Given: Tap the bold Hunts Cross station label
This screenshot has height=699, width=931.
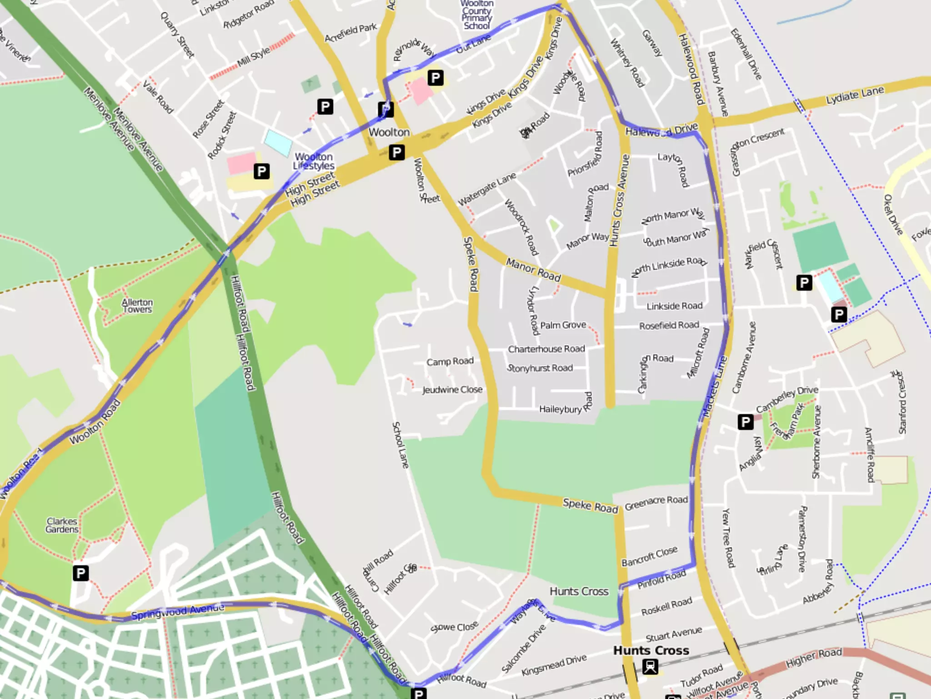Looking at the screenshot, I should point(651,650).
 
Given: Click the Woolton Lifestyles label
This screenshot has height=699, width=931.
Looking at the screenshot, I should point(314,161).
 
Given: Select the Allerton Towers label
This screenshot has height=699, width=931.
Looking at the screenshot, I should point(137,306).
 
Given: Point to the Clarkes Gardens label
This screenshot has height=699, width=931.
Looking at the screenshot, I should point(62,525).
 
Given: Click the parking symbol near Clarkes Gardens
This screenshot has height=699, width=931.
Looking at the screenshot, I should point(80,573).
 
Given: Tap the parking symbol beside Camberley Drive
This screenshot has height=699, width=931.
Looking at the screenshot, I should point(746,422).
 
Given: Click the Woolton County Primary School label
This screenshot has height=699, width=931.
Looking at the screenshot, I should point(476,15).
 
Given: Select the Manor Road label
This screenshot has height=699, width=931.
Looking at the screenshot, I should point(533,269).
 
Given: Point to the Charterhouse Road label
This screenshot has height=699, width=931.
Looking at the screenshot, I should point(546,349).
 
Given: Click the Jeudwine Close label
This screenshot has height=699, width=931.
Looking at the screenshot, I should point(452,390).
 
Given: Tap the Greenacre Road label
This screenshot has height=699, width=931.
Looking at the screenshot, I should point(656,503).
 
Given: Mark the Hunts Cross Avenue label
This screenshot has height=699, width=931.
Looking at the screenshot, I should point(620,200).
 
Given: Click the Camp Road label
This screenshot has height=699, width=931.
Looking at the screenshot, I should point(450,361).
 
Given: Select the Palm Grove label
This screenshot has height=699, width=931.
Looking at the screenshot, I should point(563,325).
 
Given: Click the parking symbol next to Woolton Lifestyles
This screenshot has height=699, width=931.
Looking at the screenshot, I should point(261,171).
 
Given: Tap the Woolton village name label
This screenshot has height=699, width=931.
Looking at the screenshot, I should point(389,132).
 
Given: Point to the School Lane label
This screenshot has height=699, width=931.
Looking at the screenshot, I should point(400,445).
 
